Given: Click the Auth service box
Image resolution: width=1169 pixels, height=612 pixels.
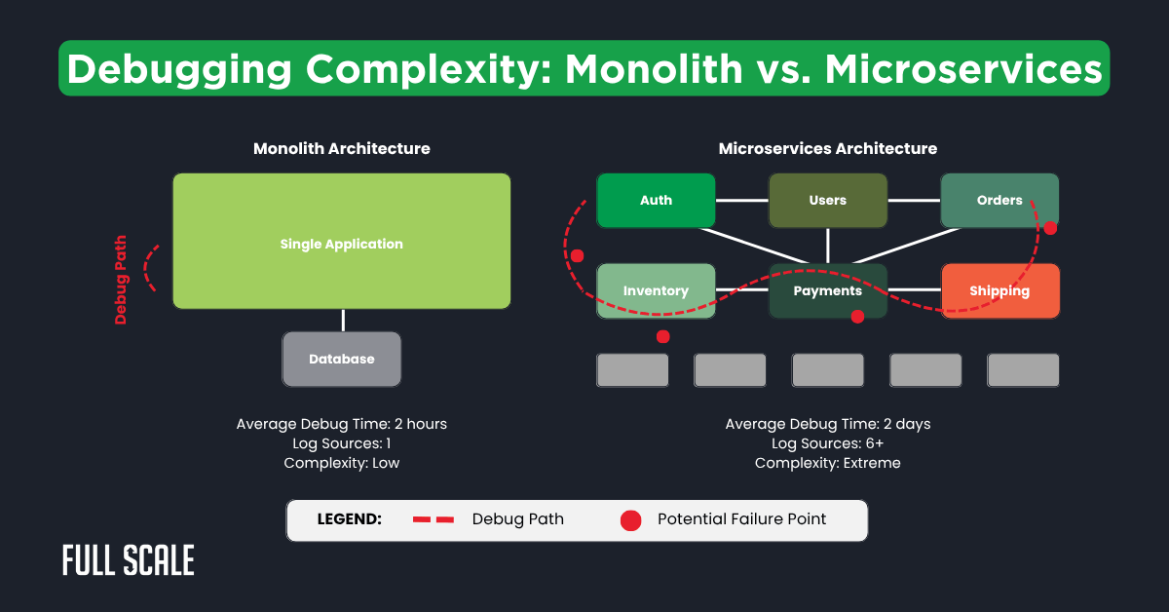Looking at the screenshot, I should click(x=656, y=200).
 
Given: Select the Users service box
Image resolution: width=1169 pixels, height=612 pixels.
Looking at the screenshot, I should click(x=827, y=200).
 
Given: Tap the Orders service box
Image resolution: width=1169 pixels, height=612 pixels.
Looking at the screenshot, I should click(x=999, y=200).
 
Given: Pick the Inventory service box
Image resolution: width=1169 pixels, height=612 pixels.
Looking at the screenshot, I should click(x=656, y=290).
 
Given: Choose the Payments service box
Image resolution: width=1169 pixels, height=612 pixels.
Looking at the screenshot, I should click(x=827, y=290).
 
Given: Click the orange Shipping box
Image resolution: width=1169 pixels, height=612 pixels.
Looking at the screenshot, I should click(x=999, y=290).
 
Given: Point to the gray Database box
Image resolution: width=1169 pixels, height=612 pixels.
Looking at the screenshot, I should click(x=341, y=359).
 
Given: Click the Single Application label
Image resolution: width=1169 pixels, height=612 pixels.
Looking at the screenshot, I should click(x=341, y=244).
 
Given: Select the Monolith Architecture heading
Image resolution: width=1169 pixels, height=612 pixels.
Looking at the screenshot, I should click(x=341, y=149).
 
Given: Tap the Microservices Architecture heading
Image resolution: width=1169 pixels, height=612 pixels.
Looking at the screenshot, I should click(x=827, y=149).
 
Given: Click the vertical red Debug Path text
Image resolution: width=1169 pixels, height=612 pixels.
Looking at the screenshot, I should click(x=122, y=278).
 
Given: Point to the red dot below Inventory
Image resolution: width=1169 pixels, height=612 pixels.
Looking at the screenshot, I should click(x=663, y=336).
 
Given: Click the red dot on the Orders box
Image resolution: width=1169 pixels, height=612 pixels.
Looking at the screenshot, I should click(x=1050, y=228).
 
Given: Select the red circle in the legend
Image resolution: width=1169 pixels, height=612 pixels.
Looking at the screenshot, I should click(x=630, y=520).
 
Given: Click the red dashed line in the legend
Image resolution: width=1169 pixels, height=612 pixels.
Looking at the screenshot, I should click(x=434, y=519).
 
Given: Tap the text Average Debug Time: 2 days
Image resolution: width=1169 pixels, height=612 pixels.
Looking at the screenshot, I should click(x=827, y=424).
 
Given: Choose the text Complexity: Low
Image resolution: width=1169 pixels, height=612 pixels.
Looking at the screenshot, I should click(x=341, y=463).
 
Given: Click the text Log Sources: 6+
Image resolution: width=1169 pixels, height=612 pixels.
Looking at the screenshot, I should click(x=827, y=443).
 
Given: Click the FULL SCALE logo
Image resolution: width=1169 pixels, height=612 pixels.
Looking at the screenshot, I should click(x=128, y=560).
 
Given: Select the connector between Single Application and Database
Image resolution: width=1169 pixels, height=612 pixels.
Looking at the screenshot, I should click(x=342, y=321).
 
